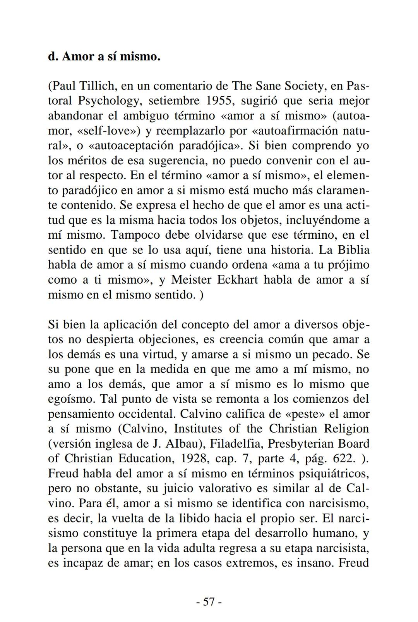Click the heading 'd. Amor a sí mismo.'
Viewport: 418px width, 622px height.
[104, 57]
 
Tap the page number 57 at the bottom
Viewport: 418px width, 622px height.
[209, 602]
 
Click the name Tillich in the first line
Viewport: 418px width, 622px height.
[102, 86]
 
